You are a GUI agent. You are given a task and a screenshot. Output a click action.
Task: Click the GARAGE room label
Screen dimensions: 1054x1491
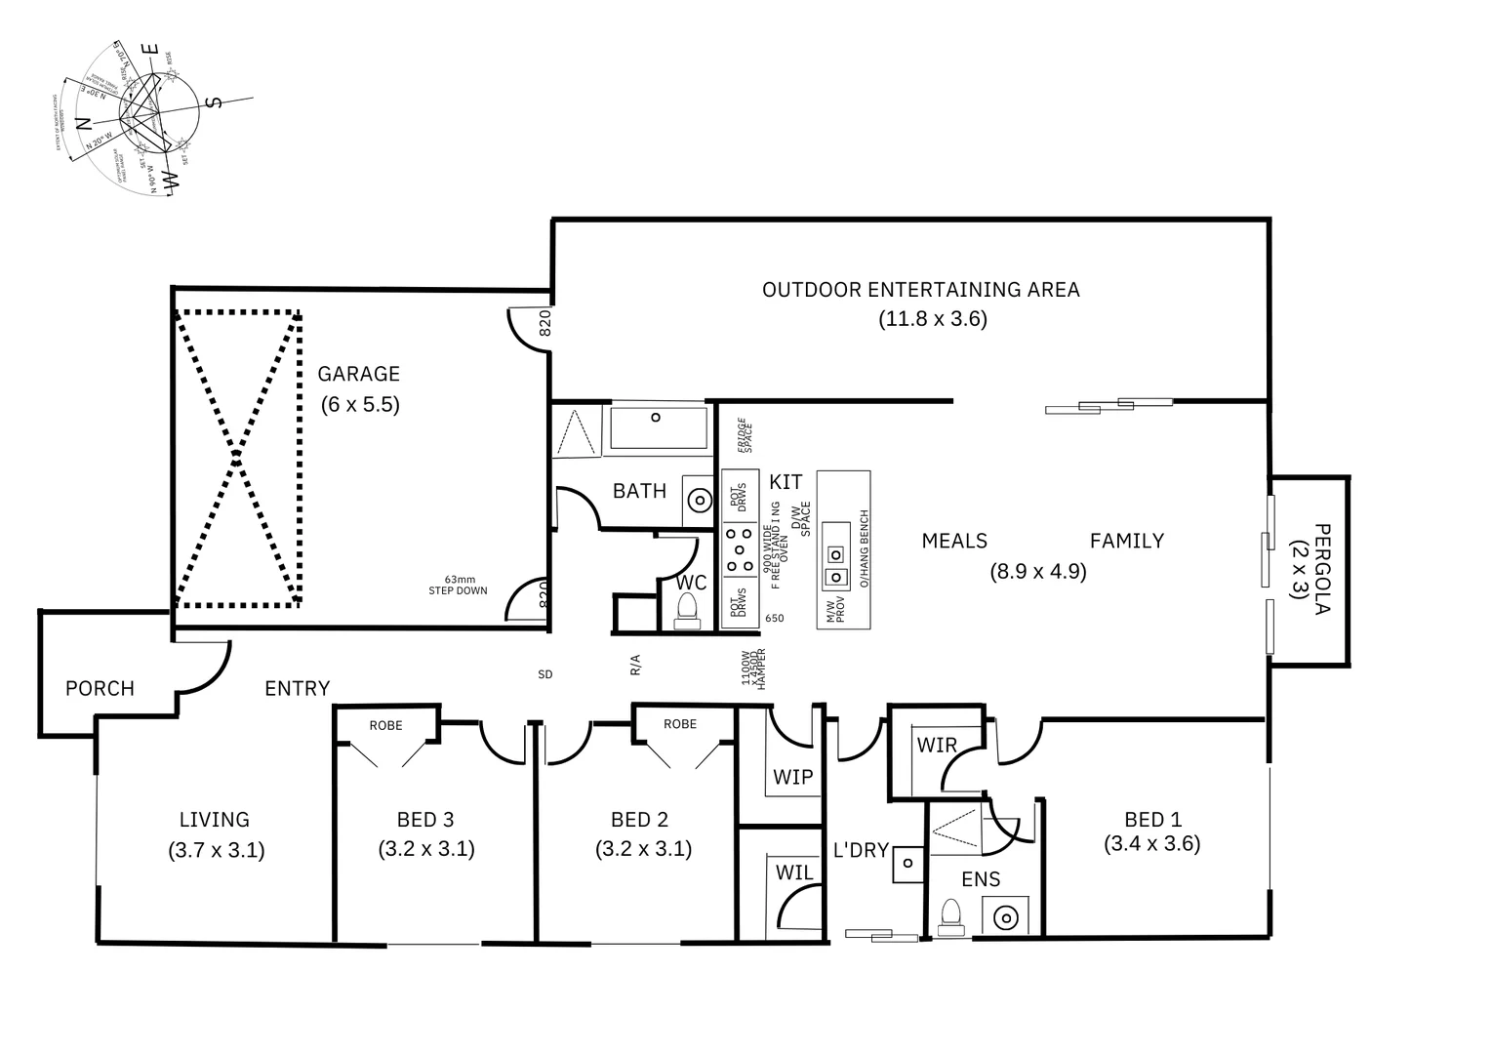point(358,374)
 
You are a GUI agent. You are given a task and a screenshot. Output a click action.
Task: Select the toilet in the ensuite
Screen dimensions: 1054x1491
point(949,916)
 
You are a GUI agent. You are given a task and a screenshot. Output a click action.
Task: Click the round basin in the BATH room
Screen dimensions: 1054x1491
point(699,500)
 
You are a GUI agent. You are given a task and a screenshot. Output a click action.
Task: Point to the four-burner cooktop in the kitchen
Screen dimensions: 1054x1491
point(739,549)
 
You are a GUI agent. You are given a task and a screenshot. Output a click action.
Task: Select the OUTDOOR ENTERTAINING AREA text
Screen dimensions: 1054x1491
point(920,290)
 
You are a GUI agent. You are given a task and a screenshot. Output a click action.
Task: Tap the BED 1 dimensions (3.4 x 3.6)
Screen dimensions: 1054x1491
point(1151,844)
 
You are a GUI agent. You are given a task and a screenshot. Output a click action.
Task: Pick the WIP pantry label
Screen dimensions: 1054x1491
point(792,778)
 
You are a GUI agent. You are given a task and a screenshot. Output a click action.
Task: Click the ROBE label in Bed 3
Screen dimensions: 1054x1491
point(386,725)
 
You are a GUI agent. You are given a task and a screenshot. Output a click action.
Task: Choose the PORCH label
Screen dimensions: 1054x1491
point(100,689)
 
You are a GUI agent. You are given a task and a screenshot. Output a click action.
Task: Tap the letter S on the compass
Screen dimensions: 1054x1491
point(217,101)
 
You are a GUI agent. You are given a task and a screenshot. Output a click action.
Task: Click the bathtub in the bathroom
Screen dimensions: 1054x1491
point(658,427)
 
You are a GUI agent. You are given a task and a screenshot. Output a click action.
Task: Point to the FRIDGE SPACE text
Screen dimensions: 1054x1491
point(744,435)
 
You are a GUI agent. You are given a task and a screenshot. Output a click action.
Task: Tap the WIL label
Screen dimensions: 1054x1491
point(794,872)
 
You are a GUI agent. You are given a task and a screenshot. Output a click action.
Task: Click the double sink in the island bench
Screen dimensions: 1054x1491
point(835,555)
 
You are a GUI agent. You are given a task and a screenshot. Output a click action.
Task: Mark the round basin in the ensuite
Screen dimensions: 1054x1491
point(1005,917)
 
